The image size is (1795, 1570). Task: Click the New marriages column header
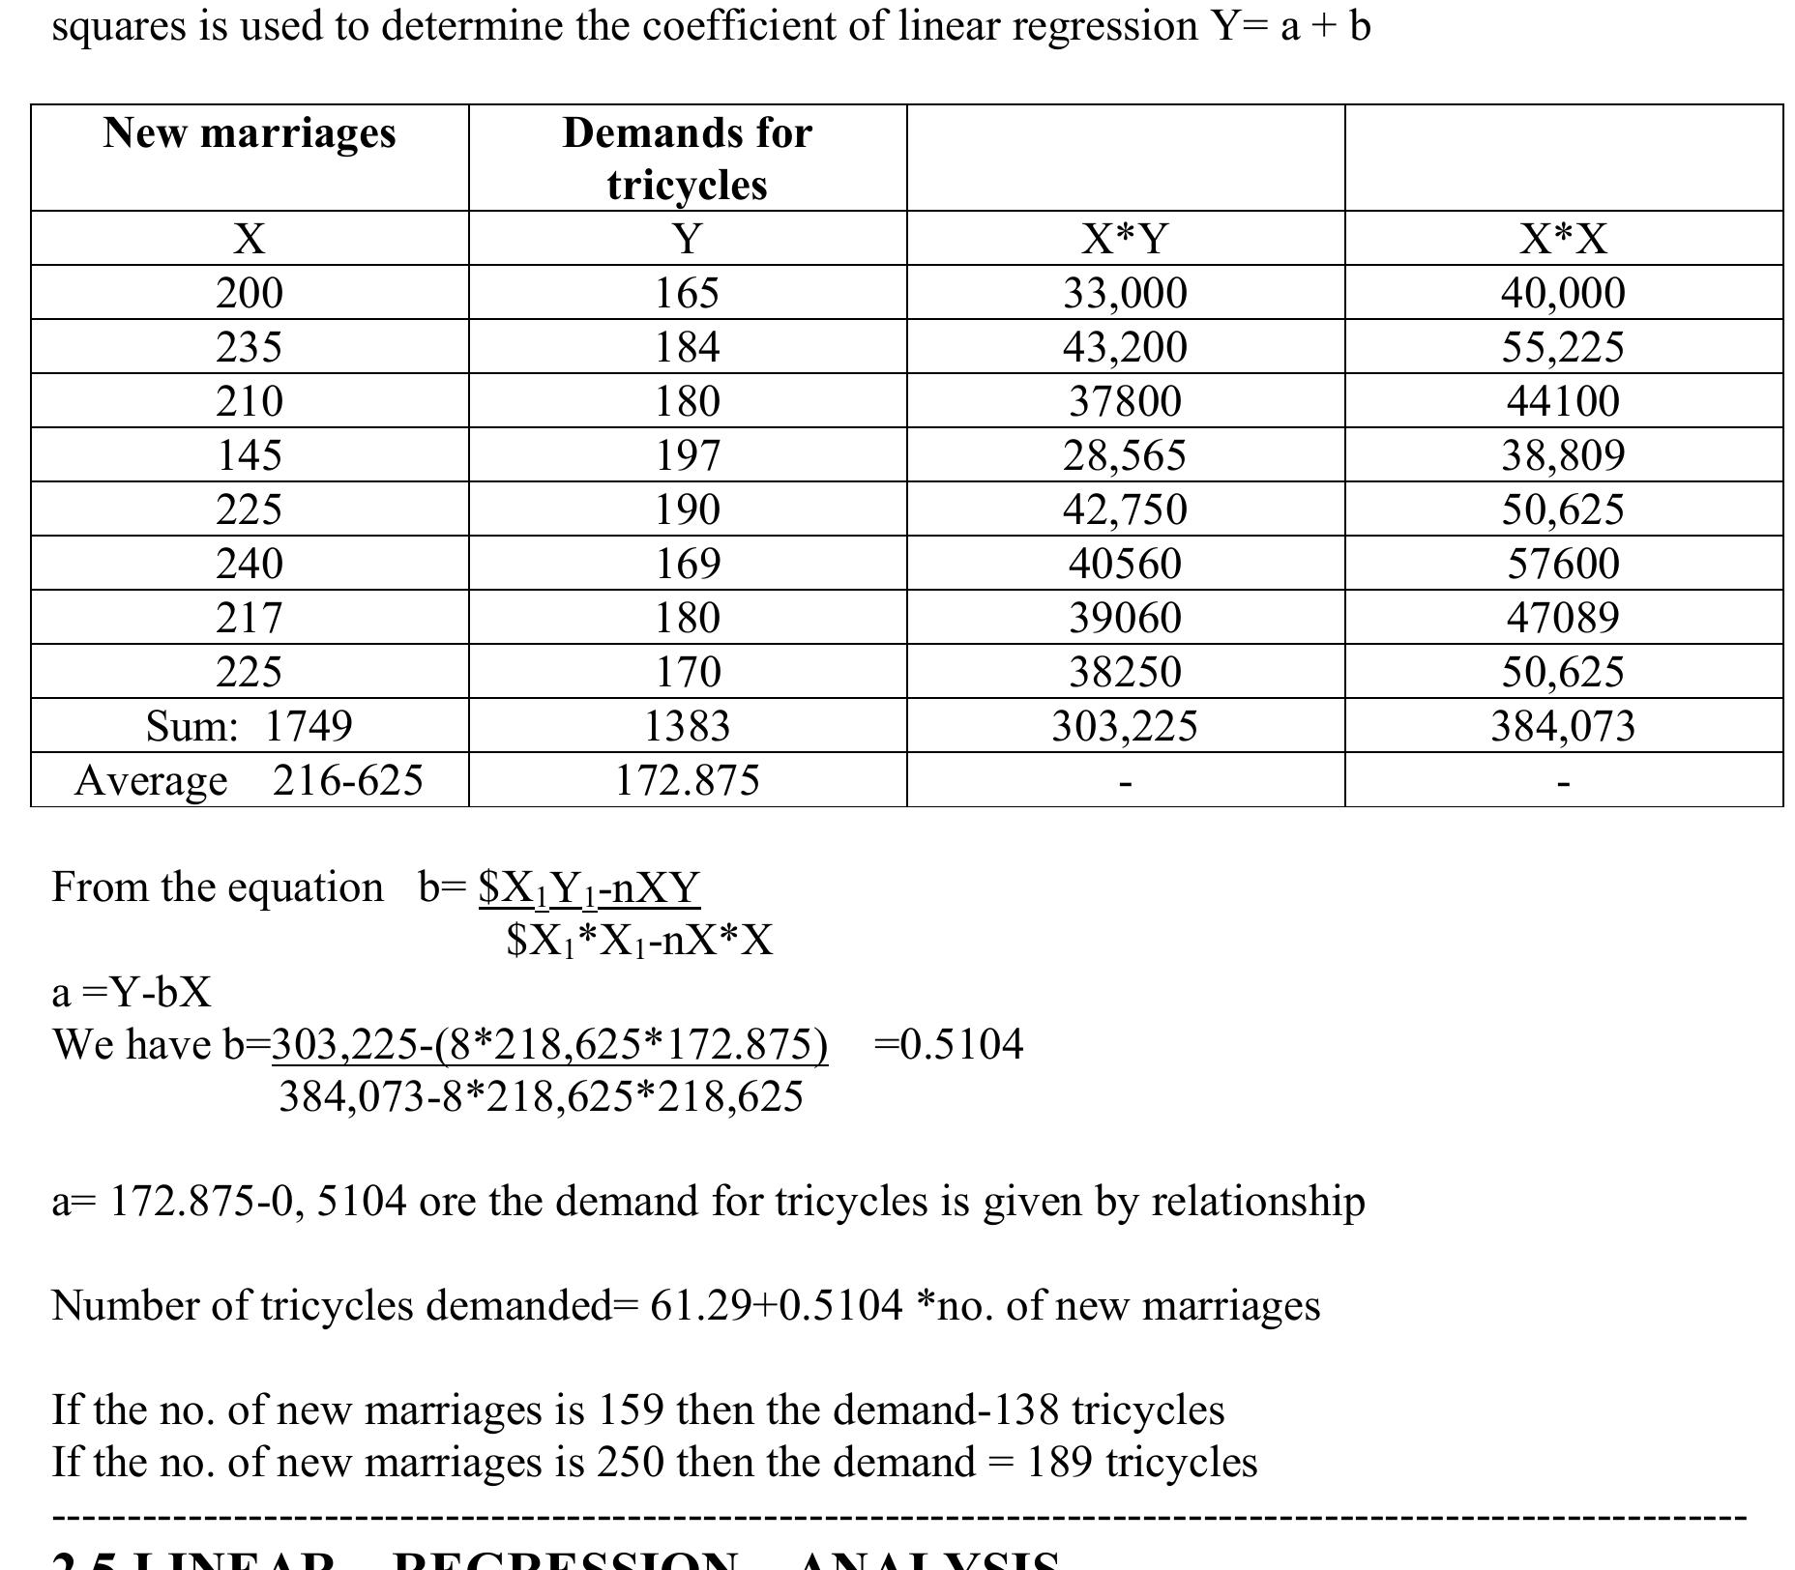(250, 132)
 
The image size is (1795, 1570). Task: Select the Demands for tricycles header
(687, 158)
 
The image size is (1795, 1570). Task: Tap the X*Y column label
(1125, 238)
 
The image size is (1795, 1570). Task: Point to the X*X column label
(1563, 238)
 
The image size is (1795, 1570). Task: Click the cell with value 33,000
(1125, 293)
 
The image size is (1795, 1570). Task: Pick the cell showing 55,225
(1563, 347)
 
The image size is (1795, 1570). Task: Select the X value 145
(250, 455)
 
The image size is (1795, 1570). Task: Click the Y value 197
(687, 455)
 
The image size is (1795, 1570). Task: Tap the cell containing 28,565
(1125, 455)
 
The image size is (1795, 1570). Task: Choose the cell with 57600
(1563, 564)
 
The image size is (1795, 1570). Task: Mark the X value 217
(250, 618)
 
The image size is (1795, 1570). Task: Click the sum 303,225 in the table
(1125, 726)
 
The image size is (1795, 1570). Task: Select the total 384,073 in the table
(1563, 726)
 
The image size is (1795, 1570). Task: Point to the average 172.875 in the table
(687, 780)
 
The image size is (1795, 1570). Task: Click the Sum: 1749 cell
(250, 726)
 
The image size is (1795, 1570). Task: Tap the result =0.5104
(948, 1045)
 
